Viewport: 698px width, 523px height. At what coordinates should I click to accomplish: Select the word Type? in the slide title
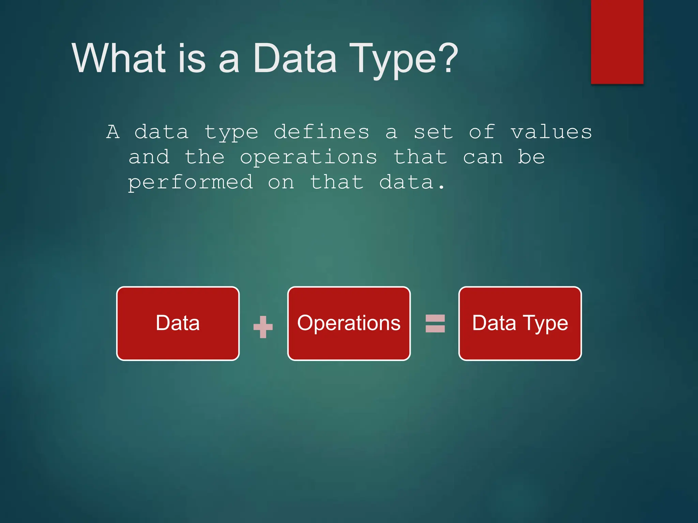click(404, 60)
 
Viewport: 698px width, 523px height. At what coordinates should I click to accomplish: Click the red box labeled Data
click(178, 323)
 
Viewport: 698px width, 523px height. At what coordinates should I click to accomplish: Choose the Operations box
click(349, 323)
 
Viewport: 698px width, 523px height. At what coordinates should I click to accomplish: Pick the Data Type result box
click(520, 323)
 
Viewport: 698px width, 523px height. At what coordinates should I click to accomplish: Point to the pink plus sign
click(263, 327)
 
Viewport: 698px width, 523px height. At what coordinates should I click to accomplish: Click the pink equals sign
click(435, 323)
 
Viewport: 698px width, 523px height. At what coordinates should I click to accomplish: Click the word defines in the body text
click(321, 132)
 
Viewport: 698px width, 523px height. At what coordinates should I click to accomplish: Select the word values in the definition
click(551, 132)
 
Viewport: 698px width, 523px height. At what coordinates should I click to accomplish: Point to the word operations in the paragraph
click(308, 157)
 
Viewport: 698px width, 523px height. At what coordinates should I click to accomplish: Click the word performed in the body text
click(191, 183)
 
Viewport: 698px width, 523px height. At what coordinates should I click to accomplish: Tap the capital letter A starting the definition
click(113, 132)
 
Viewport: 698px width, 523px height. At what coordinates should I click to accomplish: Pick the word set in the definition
click(433, 132)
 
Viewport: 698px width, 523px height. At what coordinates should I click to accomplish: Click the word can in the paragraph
click(483, 157)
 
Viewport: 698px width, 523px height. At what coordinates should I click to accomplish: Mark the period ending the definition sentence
click(441, 188)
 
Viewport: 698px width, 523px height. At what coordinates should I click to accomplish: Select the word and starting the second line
click(149, 157)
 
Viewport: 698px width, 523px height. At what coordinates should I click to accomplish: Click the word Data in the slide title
click(295, 59)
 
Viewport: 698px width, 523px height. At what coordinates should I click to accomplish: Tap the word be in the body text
click(531, 157)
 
